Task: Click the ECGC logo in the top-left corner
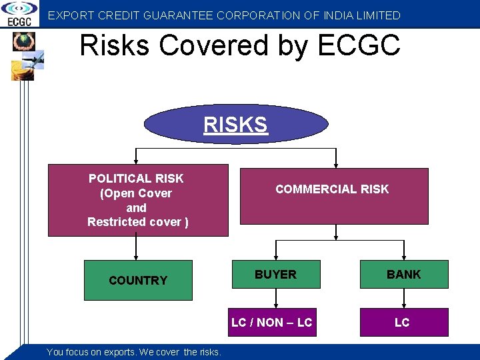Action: (x=19, y=13)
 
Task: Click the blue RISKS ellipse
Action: (x=236, y=124)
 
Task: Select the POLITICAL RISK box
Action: (x=137, y=200)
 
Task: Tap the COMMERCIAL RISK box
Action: (x=333, y=195)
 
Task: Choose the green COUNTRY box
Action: (x=138, y=280)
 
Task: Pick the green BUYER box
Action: (x=275, y=274)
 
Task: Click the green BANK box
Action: (x=404, y=274)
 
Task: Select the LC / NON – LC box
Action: (x=272, y=322)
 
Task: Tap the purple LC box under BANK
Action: (x=403, y=322)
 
